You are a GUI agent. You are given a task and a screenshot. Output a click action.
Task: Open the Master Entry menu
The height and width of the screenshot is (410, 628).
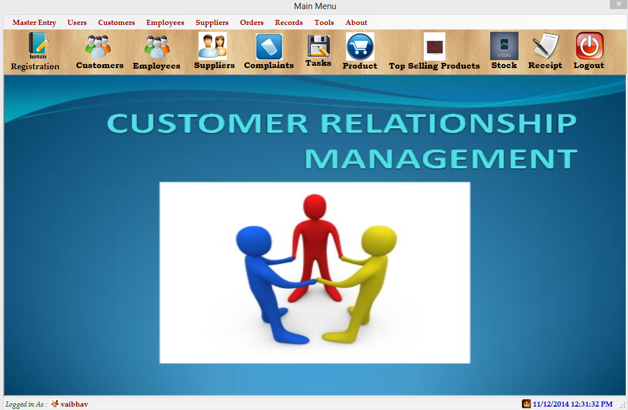tap(34, 23)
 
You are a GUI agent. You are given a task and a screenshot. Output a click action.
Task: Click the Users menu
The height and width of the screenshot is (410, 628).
tap(77, 23)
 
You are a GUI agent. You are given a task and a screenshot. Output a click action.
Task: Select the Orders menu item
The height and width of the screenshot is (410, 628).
tap(251, 23)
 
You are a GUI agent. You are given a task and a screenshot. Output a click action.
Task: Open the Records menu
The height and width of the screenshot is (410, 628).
tap(289, 23)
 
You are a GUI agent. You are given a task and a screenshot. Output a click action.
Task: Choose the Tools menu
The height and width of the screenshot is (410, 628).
tap(324, 23)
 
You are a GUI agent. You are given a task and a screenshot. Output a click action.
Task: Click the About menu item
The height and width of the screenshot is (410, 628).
tap(356, 23)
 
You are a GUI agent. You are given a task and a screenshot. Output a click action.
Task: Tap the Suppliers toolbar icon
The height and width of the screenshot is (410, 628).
tap(213, 45)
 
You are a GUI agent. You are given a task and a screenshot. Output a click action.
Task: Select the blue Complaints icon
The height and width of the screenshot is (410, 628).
tap(269, 47)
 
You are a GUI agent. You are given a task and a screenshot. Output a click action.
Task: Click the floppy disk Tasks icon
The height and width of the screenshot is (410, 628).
tap(318, 46)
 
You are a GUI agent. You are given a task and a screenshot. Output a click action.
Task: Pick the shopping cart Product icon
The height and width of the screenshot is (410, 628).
tap(360, 47)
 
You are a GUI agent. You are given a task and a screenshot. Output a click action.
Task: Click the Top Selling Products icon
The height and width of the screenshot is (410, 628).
tap(435, 47)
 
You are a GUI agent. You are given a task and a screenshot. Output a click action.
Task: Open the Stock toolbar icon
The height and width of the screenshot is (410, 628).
tap(504, 45)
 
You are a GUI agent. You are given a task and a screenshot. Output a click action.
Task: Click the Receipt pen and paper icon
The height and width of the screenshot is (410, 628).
tap(545, 45)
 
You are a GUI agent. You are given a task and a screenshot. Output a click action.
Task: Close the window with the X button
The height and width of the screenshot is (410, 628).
tap(619, 4)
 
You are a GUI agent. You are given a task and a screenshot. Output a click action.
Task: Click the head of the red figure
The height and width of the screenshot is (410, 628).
tap(315, 206)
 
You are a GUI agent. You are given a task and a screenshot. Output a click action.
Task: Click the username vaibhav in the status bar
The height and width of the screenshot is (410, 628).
tap(74, 404)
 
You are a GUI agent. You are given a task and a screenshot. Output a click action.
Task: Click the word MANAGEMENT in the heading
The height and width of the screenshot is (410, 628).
tap(441, 159)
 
